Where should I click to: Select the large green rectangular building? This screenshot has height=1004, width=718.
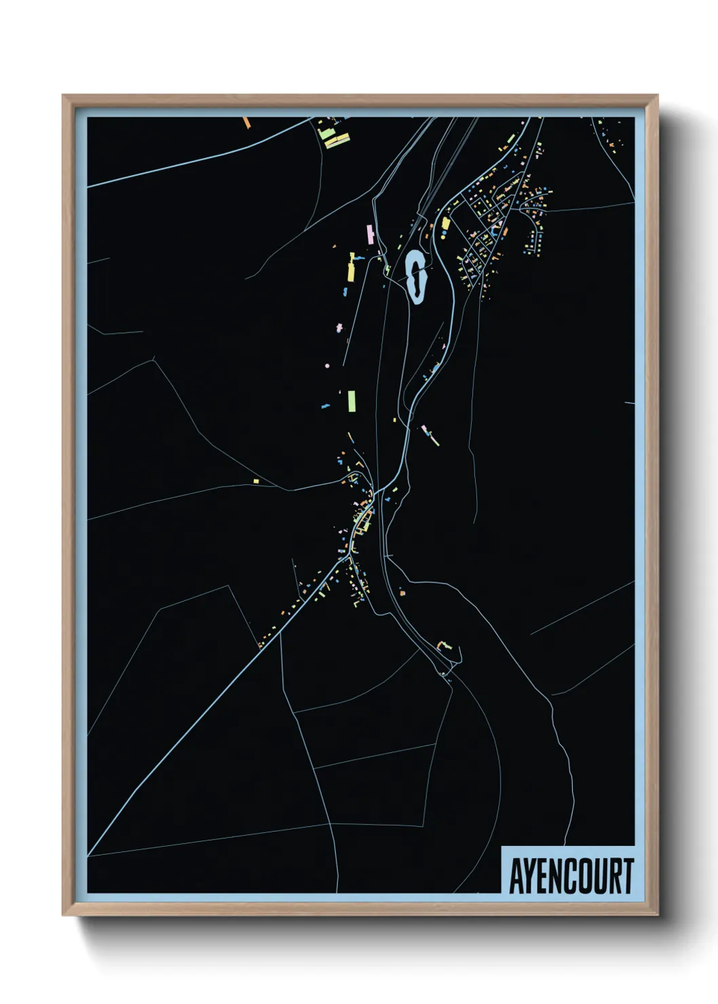[352, 401]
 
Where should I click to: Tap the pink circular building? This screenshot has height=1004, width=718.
[327, 366]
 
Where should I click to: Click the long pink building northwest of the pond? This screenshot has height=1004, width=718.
[371, 235]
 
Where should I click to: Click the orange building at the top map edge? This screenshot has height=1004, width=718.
[247, 123]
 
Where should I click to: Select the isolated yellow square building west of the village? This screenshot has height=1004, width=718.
[256, 481]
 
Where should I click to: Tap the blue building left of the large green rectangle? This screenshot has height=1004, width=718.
[325, 406]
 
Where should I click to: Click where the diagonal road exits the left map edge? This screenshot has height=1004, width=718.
[89, 854]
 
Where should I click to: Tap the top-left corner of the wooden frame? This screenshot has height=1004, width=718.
[64, 96]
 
